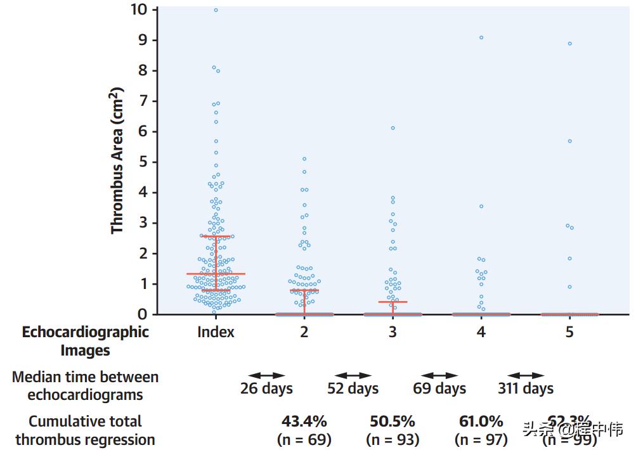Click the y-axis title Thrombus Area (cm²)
click(118, 161)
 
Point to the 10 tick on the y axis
click(140, 10)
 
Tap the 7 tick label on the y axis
click(143, 101)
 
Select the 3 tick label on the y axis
click(143, 222)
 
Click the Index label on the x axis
click(216, 331)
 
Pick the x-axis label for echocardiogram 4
click(481, 331)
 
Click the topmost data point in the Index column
click(216, 10)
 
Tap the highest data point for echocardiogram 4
click(481, 37)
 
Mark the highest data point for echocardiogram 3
click(393, 128)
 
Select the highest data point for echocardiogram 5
click(569, 44)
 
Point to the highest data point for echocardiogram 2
click(304, 159)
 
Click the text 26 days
click(266, 388)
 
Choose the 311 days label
click(526, 388)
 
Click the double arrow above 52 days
click(353, 376)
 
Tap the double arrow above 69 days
click(439, 376)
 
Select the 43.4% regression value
click(304, 421)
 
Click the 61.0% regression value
click(481, 421)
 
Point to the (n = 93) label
click(393, 439)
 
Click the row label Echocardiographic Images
click(86, 341)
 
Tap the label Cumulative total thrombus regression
click(86, 430)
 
